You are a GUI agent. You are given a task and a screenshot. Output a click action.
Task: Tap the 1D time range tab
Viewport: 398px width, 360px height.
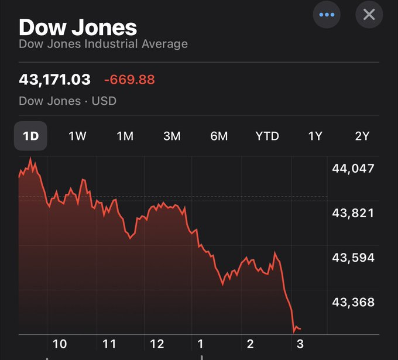30,136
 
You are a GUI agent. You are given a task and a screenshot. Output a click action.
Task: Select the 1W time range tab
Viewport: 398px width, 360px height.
77,136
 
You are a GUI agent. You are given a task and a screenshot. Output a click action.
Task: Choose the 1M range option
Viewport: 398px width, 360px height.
125,136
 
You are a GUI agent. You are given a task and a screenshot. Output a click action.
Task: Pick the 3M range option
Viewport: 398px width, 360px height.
171,136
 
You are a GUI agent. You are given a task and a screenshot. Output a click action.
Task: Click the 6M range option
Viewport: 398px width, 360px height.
219,136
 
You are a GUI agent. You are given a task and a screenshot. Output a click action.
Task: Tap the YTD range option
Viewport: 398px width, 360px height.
267,136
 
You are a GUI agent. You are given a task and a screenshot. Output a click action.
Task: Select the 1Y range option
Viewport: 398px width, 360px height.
315,136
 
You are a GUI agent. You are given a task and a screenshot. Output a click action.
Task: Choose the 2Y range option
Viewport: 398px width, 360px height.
362,136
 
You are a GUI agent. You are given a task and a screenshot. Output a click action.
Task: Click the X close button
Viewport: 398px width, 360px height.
369,14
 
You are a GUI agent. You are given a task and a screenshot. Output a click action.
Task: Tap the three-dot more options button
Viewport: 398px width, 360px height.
327,14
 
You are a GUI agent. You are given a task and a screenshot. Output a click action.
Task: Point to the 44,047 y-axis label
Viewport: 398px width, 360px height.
353,169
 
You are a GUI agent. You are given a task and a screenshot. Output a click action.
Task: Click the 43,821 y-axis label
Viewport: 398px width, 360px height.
353,213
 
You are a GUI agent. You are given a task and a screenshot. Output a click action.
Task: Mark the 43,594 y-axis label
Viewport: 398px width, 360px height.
353,258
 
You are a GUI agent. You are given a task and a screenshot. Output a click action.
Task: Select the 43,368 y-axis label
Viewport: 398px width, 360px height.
353,302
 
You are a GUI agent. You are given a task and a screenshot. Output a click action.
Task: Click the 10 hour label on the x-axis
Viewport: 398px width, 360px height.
60,344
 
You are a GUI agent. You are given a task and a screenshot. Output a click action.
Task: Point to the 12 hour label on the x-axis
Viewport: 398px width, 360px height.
157,344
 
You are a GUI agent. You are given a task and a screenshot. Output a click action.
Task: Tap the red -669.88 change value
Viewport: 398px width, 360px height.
129,79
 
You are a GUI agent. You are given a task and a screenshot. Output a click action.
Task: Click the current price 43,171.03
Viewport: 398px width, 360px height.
55,79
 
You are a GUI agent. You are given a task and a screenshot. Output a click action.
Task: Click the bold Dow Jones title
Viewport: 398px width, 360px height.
78,27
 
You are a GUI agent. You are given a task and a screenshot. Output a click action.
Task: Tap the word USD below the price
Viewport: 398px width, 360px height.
104,101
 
